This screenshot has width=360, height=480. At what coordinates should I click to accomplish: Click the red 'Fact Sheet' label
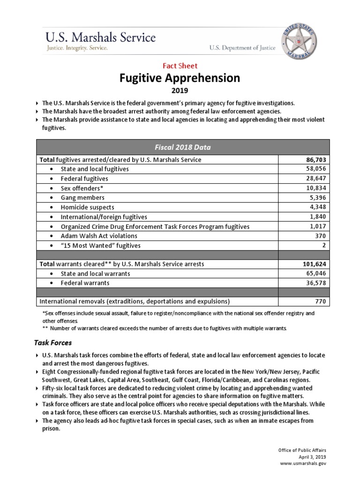(x=180, y=66)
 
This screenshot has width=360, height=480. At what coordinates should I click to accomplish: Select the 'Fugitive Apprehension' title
(x=180, y=78)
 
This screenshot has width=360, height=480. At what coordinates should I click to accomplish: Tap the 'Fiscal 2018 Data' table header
(x=180, y=147)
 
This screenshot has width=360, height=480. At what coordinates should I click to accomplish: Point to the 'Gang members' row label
(x=82, y=198)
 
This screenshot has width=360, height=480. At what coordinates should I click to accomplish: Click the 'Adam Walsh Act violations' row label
(x=99, y=236)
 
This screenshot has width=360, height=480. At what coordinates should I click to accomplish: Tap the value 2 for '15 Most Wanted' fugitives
(x=324, y=246)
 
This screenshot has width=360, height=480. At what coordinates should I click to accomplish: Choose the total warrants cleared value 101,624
(x=314, y=264)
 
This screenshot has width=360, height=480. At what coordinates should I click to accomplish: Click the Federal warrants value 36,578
(x=315, y=283)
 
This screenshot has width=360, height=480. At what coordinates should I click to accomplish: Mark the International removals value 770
(x=321, y=301)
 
